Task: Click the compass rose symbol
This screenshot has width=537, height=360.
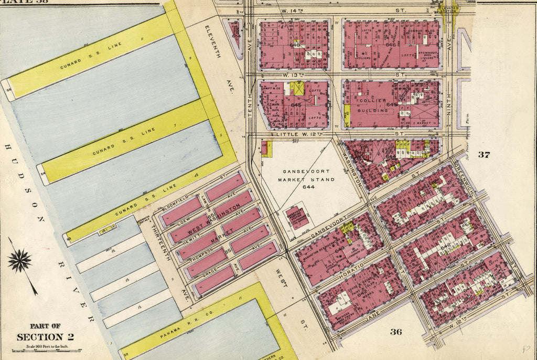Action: [x=20, y=261]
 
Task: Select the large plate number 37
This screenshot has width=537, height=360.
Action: [x=483, y=154]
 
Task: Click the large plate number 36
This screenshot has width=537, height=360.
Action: [x=396, y=331]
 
